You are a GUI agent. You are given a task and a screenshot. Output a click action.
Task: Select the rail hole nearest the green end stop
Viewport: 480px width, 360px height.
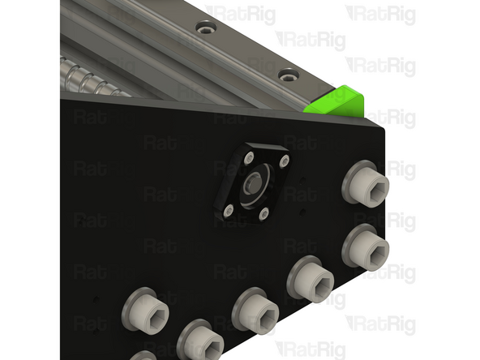tap(285, 75)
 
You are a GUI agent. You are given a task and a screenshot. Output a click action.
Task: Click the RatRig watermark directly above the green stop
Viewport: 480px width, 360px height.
tap(380, 65)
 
